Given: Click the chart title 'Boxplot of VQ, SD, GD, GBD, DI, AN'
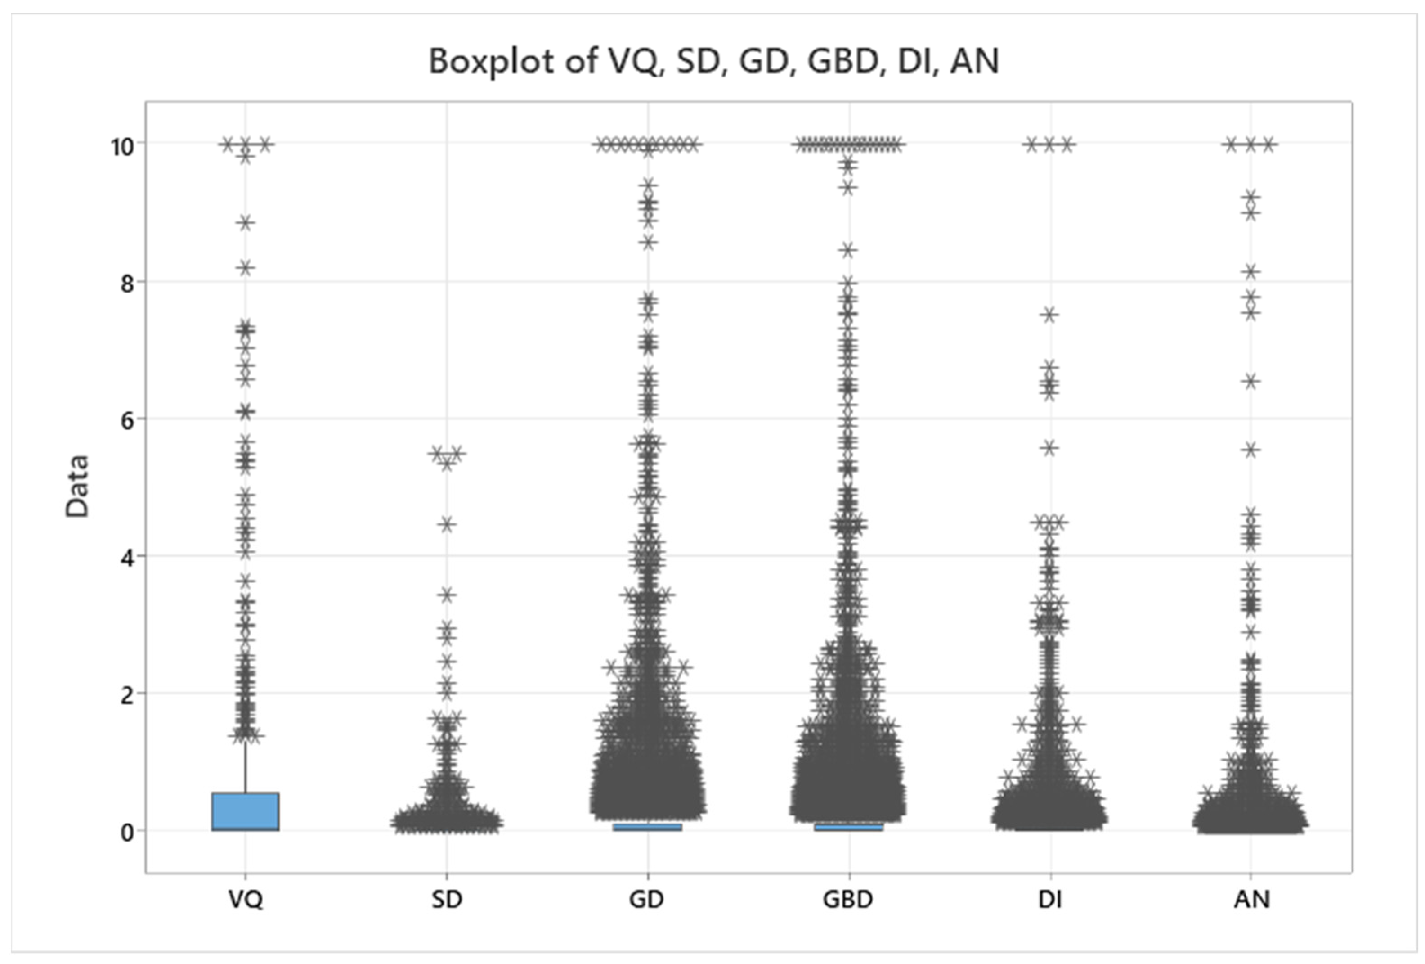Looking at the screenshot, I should pyautogui.click(x=714, y=61).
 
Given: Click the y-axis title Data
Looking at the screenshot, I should pyautogui.click(x=78, y=487).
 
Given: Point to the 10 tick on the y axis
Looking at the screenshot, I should pyautogui.click(x=123, y=147).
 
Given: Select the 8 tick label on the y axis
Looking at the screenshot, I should pyautogui.click(x=126, y=284).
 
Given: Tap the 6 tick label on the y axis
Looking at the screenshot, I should pyautogui.click(x=126, y=421).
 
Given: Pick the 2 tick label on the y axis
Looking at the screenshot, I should pyautogui.click(x=126, y=695).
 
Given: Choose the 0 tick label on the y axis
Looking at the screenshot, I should pyautogui.click(x=126, y=833).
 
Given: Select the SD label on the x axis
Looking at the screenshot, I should pyautogui.click(x=447, y=900).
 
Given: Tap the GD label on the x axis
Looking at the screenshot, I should pyautogui.click(x=647, y=900).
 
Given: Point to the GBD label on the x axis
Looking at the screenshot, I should pyautogui.click(x=848, y=900).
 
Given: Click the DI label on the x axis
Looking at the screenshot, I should pyautogui.click(x=1050, y=900).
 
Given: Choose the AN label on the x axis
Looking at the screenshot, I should pyautogui.click(x=1251, y=900).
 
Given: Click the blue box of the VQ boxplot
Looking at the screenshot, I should pyautogui.click(x=245, y=811).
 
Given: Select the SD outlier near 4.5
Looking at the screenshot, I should pyautogui.click(x=447, y=524).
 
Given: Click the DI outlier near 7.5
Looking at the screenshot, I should pyautogui.click(x=1050, y=315).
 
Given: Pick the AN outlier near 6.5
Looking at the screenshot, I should pyautogui.click(x=1251, y=381).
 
